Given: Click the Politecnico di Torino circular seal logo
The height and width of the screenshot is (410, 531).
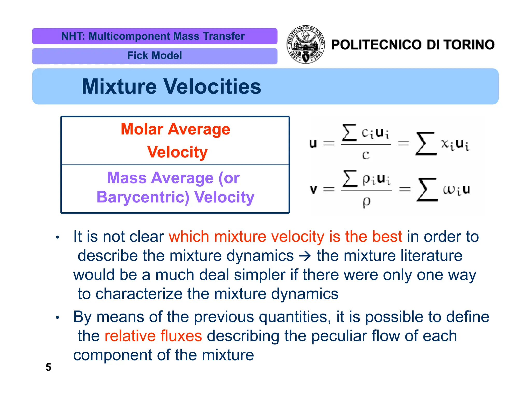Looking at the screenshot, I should (x=306, y=45).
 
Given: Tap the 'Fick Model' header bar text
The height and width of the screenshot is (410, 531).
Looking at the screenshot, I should (x=155, y=56).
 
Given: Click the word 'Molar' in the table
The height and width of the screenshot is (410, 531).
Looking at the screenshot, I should (x=142, y=129).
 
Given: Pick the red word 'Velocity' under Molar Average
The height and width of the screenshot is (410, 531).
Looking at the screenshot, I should (x=177, y=152).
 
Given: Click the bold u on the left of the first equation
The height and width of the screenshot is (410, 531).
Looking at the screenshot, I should (x=313, y=143).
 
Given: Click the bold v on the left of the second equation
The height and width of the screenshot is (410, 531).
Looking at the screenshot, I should (x=313, y=189).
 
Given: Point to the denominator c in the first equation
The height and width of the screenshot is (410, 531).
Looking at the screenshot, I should (x=366, y=155).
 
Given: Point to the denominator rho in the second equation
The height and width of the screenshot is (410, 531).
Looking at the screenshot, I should (x=366, y=202).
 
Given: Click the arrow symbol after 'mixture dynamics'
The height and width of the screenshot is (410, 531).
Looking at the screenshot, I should (x=305, y=256).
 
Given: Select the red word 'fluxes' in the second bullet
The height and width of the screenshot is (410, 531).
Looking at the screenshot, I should (x=181, y=336).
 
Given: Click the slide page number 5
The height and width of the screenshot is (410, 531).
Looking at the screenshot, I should (x=48, y=367).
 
